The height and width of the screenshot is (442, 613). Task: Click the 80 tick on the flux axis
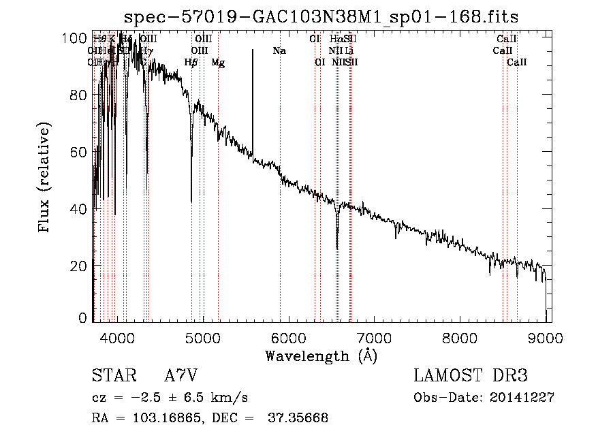click(x=79, y=95)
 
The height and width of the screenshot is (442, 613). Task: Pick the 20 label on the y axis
click(x=79, y=266)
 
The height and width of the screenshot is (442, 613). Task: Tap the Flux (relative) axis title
click(x=46, y=178)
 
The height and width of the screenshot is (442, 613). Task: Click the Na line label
click(x=279, y=50)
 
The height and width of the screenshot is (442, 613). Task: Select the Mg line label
click(x=218, y=63)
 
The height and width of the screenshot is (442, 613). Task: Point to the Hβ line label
click(x=191, y=63)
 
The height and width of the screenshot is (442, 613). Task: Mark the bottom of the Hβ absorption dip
click(x=191, y=201)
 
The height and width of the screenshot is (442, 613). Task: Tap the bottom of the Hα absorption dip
click(x=336, y=248)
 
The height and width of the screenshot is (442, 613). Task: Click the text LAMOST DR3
click(x=471, y=376)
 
